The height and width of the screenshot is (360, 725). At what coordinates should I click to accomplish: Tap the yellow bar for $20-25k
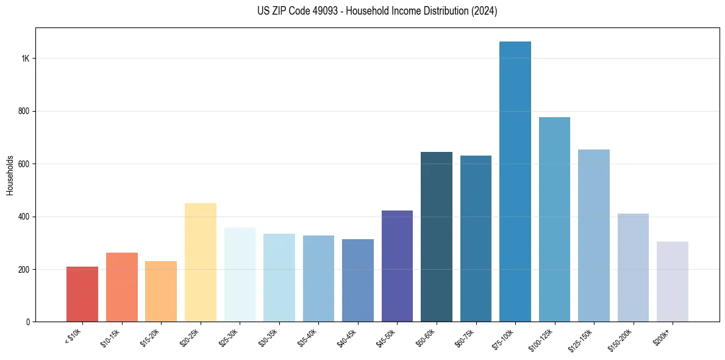[x=201, y=262]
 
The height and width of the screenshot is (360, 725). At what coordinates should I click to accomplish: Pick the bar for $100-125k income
[x=554, y=220]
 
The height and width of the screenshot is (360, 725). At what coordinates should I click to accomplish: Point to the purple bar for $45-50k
[x=397, y=266]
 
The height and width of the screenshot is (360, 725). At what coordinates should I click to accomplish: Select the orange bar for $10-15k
[x=122, y=287]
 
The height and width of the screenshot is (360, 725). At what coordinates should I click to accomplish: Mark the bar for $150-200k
[x=633, y=268]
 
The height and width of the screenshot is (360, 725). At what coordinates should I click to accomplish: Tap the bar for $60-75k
[x=476, y=239]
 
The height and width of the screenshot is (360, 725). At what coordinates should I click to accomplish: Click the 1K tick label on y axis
[x=26, y=59]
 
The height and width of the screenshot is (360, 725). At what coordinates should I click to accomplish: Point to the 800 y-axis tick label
[x=24, y=111]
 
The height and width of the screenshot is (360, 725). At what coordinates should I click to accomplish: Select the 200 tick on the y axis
[x=24, y=269]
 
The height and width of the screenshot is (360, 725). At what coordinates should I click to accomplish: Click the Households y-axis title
[x=10, y=175]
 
